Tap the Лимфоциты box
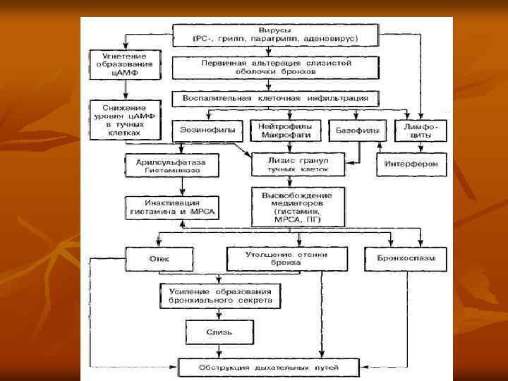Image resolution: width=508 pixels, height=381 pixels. (x=421, y=131)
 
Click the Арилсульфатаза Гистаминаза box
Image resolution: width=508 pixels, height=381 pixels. (x=167, y=166)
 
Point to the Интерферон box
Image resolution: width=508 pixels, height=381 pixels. (x=411, y=166)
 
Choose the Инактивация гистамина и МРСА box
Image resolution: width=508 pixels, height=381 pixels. (x=172, y=207)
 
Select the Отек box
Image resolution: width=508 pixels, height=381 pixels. (x=159, y=259)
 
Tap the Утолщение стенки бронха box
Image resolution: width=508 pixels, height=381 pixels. (x=286, y=258)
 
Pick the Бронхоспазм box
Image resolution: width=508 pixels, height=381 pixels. (x=406, y=259)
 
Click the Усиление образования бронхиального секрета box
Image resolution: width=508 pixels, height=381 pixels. (x=220, y=296)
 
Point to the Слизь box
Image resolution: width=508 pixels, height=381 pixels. (x=219, y=332)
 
